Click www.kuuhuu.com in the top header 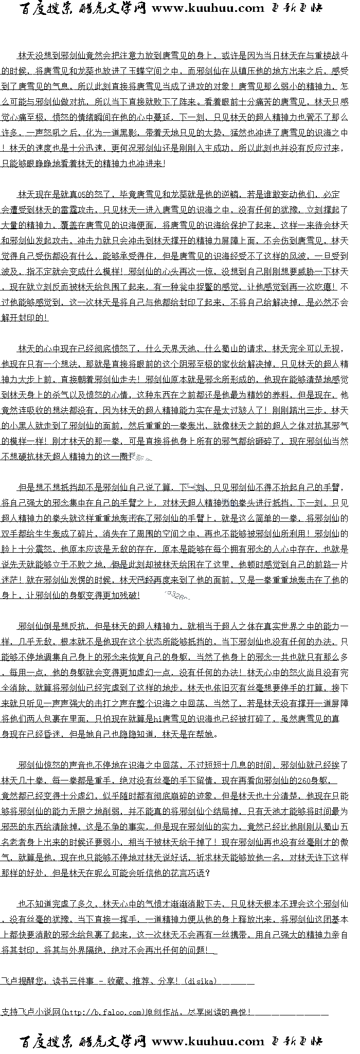[x=208, y=8]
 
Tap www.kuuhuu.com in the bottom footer [x=208, y=1042]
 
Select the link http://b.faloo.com [x=102, y=1012]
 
